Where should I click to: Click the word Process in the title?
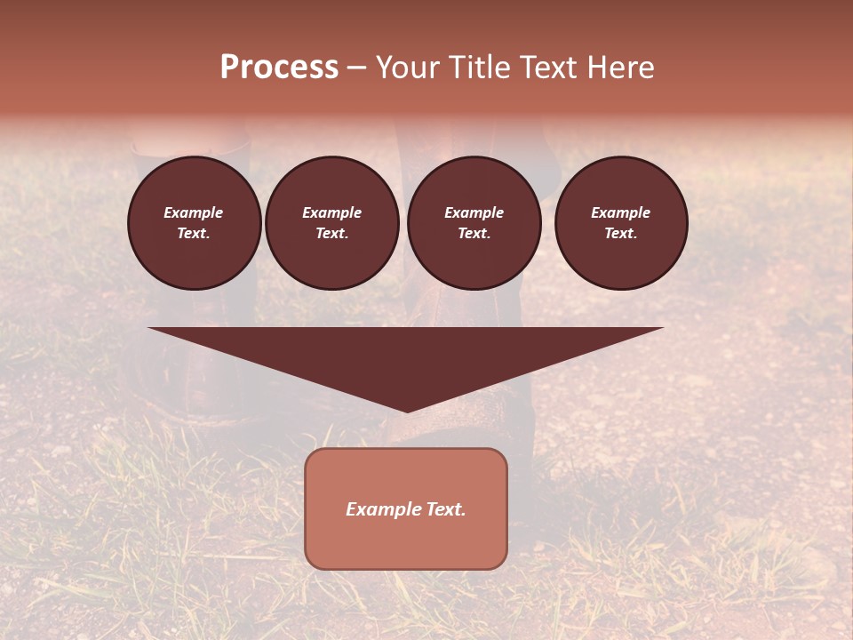(x=279, y=68)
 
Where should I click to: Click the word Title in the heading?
(x=477, y=68)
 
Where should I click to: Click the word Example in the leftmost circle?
(x=194, y=212)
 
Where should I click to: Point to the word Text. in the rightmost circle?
(x=621, y=234)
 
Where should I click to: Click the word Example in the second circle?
(x=332, y=212)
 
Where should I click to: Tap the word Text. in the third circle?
(x=474, y=234)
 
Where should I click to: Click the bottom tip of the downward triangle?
(x=406, y=410)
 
